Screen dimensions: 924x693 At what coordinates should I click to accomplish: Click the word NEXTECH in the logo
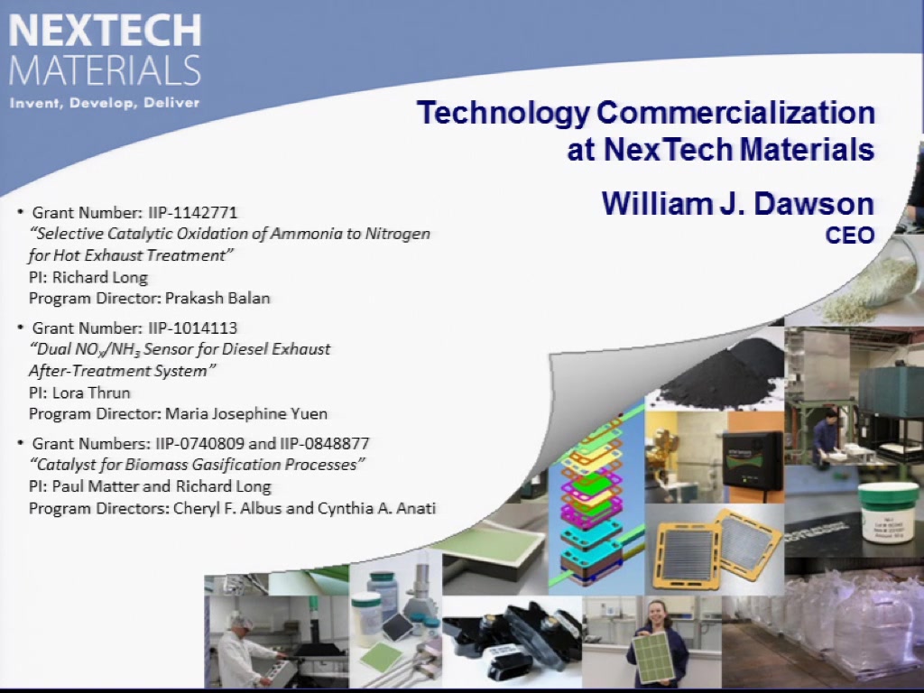(x=105, y=31)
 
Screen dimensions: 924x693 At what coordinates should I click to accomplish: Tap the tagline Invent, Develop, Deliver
(x=105, y=103)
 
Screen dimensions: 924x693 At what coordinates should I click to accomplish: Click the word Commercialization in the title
(x=735, y=112)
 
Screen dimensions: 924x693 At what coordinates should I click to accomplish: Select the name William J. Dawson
(x=738, y=203)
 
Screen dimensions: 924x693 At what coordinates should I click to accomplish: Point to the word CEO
(x=850, y=236)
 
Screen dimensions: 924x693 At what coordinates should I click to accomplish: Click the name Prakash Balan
(x=217, y=298)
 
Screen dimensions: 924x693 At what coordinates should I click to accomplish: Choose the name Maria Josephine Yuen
(x=246, y=413)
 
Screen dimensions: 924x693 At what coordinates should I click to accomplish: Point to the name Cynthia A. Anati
(x=376, y=508)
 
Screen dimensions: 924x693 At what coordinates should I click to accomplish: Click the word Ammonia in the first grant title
(x=306, y=234)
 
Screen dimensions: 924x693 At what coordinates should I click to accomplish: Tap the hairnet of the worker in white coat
(x=241, y=619)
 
